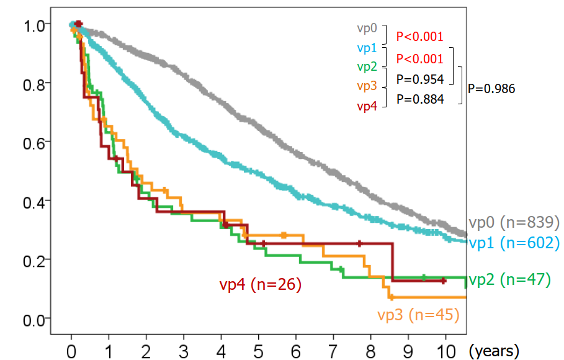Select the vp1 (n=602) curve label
click(514, 244)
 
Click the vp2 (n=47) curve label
click(509, 280)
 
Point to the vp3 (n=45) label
click(417, 315)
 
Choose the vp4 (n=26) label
click(260, 285)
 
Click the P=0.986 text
click(491, 89)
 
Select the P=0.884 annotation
click(420, 98)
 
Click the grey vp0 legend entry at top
click(367, 29)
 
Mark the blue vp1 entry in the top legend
click(367, 48)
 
